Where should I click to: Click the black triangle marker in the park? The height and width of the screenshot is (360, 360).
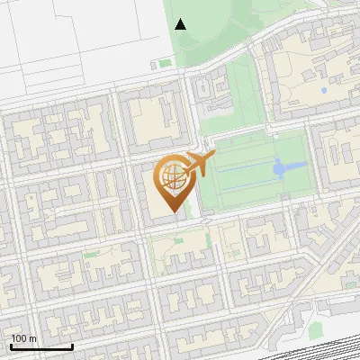[180, 24]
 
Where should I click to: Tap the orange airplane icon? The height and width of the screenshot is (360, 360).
[199, 165]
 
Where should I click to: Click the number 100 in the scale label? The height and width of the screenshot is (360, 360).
[19, 338]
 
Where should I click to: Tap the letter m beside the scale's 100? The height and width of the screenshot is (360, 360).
[32, 338]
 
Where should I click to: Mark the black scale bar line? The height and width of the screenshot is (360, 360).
[41, 346]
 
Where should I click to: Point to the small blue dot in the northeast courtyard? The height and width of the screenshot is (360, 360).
[323, 92]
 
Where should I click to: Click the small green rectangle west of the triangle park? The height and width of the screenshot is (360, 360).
[165, 63]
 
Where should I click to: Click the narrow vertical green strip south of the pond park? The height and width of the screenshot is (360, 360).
[208, 241]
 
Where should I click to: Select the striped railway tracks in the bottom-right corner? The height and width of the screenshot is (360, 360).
[333, 346]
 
